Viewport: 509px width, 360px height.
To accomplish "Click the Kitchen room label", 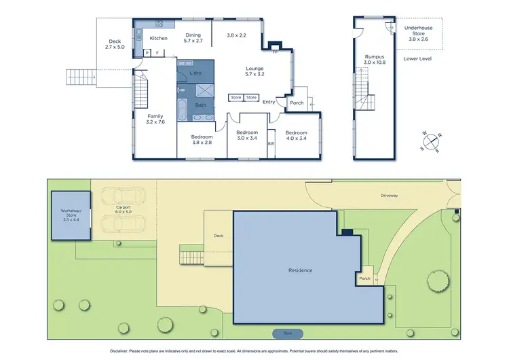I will pos(158,38).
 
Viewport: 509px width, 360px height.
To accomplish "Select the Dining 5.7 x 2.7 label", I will pos(193,38).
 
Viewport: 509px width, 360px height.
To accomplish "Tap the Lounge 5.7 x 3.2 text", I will pos(255,71).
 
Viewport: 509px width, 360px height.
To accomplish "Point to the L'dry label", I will pos(195,73).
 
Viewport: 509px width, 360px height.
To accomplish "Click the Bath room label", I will pos(201,105).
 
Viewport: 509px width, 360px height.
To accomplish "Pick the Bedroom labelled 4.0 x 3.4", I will pos(296,136).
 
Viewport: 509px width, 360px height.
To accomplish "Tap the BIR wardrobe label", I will pos(271,145).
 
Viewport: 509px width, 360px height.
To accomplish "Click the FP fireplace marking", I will pos(274,52).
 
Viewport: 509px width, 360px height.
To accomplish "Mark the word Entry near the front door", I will pos(269,103).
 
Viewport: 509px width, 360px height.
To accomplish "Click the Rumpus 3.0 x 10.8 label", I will pos(373,60).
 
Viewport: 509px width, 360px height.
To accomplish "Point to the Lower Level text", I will pos(417,59).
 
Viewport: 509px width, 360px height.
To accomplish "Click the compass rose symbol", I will pos(430,141).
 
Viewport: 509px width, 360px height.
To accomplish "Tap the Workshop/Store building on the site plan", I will pos(70,215).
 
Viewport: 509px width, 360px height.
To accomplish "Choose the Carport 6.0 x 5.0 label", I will pos(123,209).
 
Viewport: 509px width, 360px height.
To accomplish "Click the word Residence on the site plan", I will pos(300,270).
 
